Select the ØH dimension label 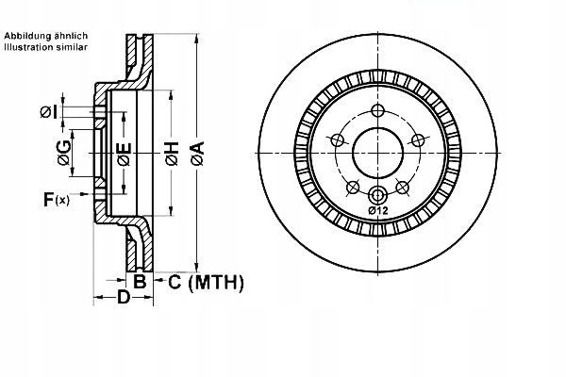coord(171,150)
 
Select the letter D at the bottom coord(123,299)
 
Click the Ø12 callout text coord(378,211)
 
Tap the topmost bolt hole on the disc coord(378,110)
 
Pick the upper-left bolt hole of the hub coord(337,140)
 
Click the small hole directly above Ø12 coord(378,195)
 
